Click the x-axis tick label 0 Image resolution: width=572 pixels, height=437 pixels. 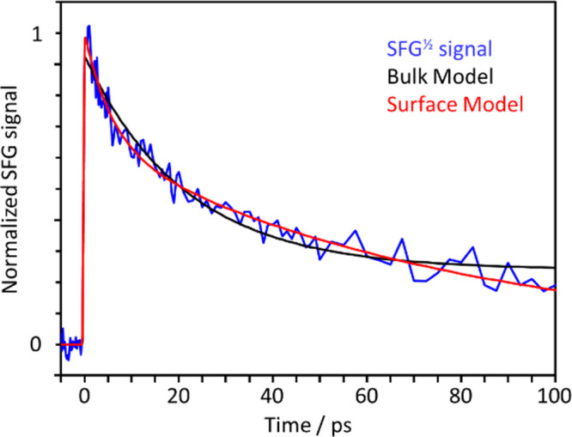83,397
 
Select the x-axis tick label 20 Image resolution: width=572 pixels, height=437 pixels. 178,397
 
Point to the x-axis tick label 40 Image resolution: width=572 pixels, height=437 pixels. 272,397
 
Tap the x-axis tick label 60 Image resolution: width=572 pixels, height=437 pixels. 367,397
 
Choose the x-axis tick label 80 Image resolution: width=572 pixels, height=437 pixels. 461,397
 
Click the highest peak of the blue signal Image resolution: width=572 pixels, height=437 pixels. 88,27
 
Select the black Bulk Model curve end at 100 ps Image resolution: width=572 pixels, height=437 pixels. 555,268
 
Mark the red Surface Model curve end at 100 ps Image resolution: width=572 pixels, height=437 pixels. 555,289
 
